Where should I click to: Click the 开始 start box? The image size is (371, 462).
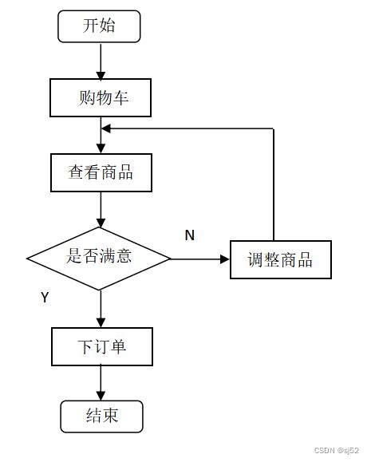tap(99, 26)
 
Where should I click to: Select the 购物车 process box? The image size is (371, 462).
tap(101, 98)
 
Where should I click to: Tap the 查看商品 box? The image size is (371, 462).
tap(101, 172)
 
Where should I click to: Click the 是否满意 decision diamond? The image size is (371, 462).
tap(99, 258)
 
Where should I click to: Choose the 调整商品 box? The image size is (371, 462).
tap(280, 259)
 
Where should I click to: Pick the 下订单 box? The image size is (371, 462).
tap(101, 346)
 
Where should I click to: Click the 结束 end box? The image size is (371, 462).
tap(101, 417)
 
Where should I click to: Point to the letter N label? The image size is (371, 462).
tap(189, 235)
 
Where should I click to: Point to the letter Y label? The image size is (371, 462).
tap(45, 297)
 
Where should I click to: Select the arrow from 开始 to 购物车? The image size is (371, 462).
tap(101, 60)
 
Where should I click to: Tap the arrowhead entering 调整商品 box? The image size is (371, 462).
tap(224, 259)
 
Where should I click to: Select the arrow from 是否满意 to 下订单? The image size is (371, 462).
tap(101, 306)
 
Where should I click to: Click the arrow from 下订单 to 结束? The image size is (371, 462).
tap(101, 383)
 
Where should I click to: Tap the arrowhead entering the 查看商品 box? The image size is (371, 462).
tap(101, 148)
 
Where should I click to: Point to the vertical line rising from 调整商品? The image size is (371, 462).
tap(274, 184)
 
